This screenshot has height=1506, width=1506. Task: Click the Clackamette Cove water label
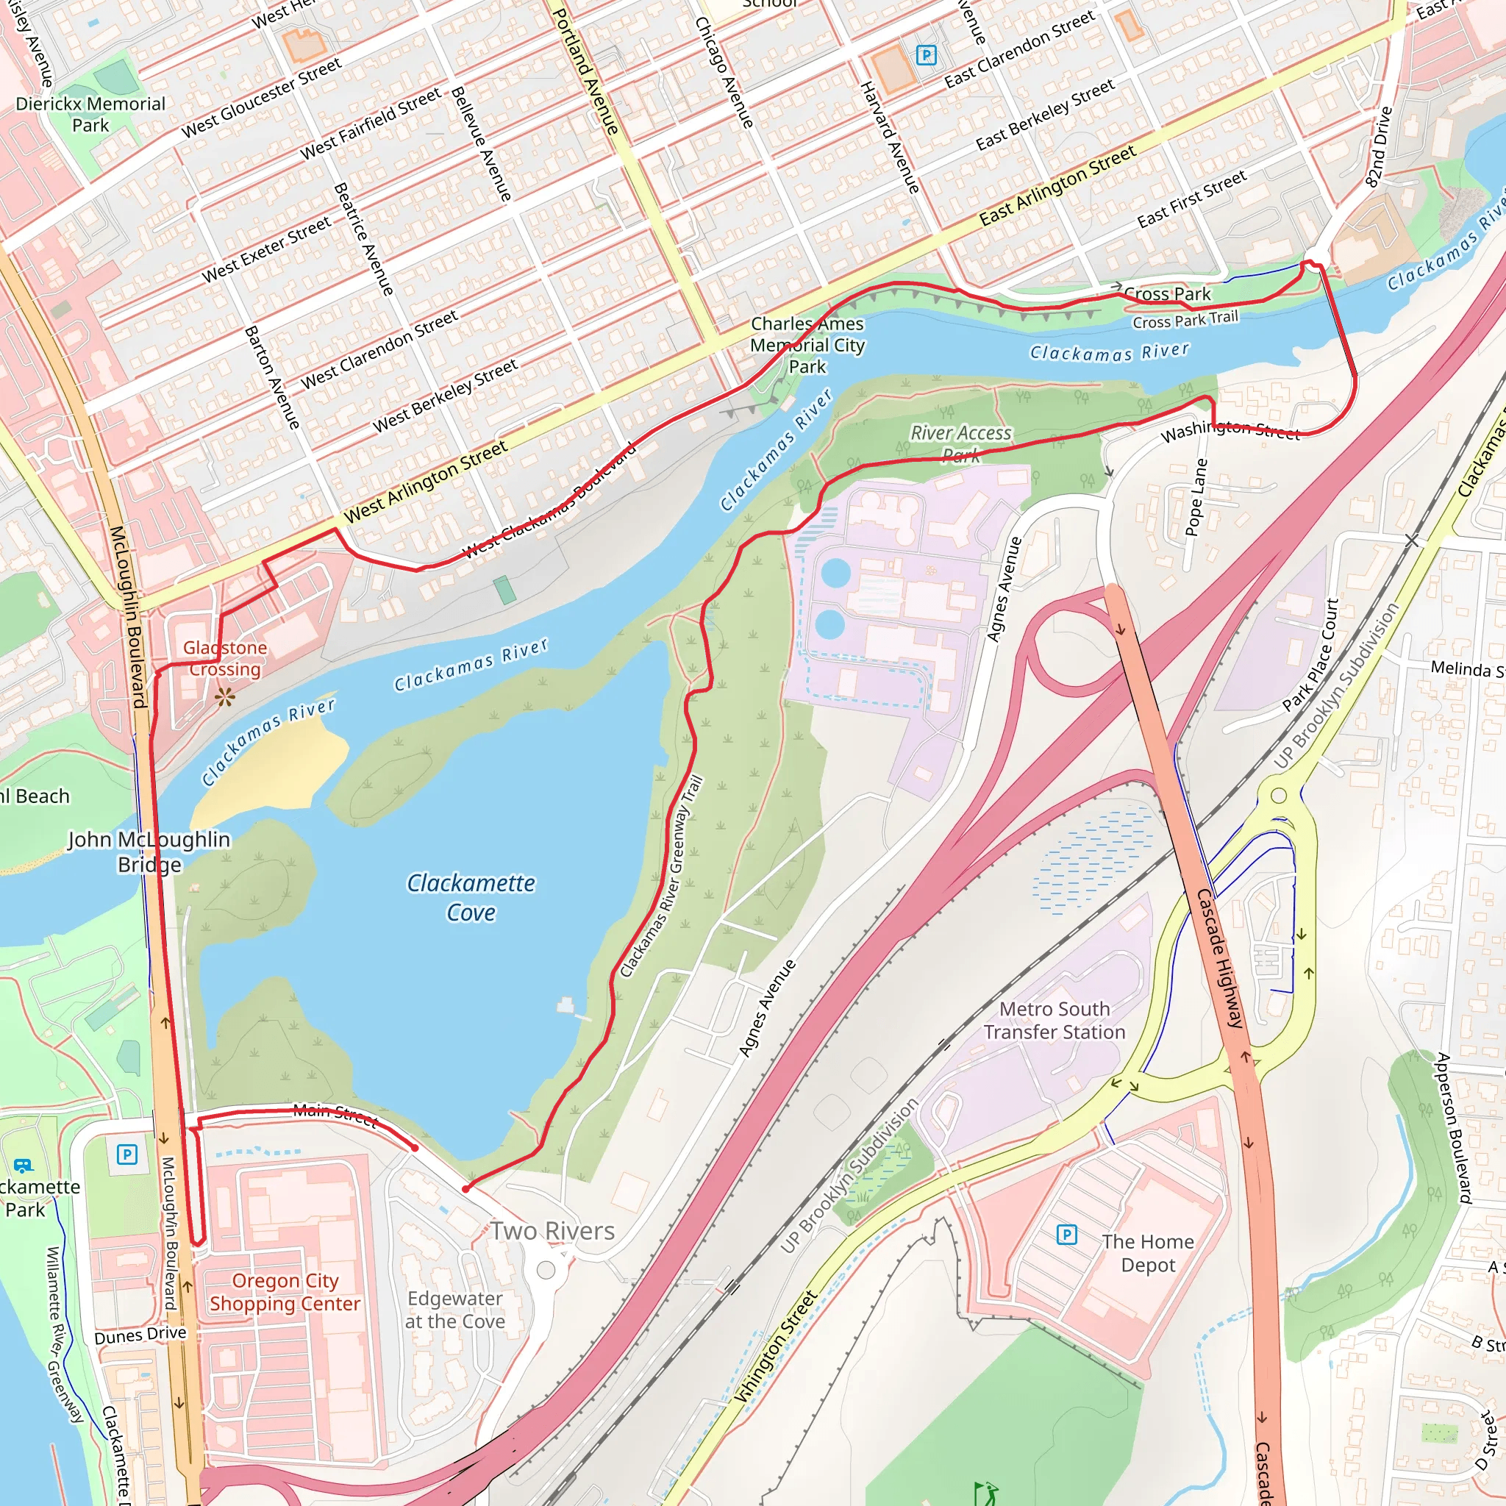point(471,897)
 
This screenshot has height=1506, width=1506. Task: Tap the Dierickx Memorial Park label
point(90,115)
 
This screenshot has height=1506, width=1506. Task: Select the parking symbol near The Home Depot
point(1066,1234)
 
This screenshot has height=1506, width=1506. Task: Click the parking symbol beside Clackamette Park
point(127,1154)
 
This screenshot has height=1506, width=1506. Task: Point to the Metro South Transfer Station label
point(1054,1021)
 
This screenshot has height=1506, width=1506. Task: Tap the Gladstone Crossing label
point(224,658)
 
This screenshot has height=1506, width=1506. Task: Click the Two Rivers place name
point(552,1231)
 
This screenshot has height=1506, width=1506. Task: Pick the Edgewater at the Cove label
point(455,1310)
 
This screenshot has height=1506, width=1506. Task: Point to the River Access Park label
point(961,443)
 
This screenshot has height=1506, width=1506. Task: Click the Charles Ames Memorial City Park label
point(807,345)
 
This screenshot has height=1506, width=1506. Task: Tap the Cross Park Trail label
point(1185,320)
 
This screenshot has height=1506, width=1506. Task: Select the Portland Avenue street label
point(585,72)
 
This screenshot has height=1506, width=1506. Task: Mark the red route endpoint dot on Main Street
point(415,1147)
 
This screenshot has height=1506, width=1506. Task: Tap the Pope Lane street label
point(1196,497)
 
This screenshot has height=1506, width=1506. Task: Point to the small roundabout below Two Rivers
point(546,1271)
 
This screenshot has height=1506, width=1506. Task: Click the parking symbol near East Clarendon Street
point(926,54)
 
